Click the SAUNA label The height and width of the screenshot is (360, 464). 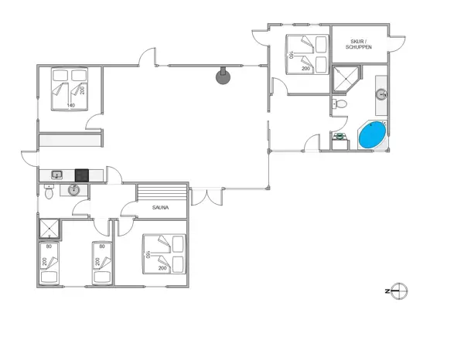coord(162,208)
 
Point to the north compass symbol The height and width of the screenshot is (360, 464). coord(399,291)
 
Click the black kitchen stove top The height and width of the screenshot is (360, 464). coord(81,175)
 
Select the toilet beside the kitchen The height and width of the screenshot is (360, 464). coord(49,192)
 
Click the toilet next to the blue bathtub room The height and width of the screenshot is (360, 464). coord(339,105)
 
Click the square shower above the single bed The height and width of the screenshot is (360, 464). coord(50,229)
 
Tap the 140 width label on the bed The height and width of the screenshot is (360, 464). coord(70,104)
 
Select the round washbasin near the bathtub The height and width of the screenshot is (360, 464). coord(380,95)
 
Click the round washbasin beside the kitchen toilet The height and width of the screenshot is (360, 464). coord(75,190)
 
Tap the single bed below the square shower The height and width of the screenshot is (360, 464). coord(50,263)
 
